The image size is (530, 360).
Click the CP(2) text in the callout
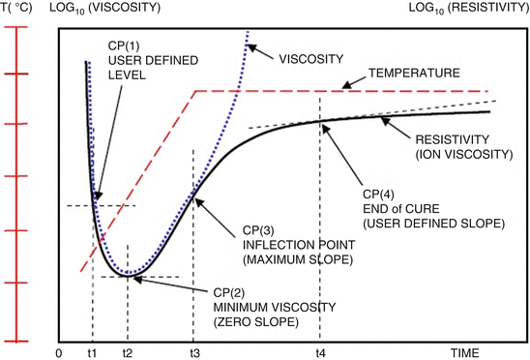pos(232,293)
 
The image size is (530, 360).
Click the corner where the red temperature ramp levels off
pos(196,92)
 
